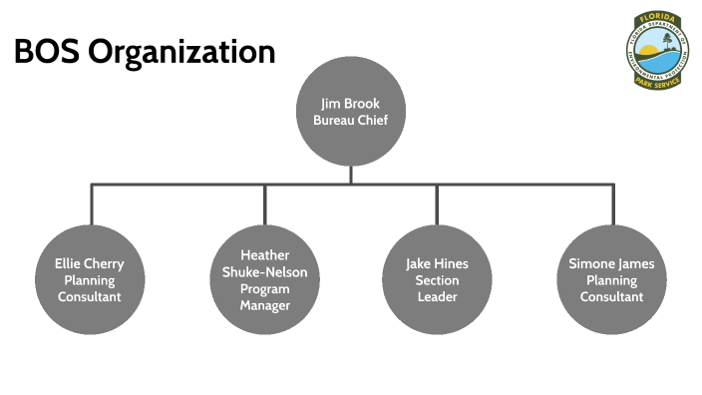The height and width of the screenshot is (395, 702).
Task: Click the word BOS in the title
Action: [46, 52]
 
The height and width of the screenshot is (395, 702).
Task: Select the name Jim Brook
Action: [350, 104]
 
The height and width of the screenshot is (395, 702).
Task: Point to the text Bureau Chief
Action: [350, 121]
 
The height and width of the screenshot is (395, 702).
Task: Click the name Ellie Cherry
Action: [90, 264]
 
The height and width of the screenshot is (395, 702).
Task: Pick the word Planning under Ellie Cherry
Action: [90, 280]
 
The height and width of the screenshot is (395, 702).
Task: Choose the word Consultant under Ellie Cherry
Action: [90, 296]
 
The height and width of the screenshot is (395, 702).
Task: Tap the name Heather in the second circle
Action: [264, 255]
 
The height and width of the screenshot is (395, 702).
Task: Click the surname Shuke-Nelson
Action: [264, 272]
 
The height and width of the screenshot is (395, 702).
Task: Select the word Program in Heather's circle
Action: [264, 288]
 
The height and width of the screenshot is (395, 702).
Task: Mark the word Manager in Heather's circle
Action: [264, 305]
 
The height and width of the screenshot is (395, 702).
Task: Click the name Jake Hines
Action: [437, 264]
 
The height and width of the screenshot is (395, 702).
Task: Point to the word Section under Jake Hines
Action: [437, 280]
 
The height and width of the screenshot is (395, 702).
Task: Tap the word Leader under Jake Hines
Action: [437, 296]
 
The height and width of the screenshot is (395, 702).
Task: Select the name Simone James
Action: [611, 264]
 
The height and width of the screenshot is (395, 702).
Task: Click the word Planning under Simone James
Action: [611, 280]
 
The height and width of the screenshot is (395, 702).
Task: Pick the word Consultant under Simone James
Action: [611, 296]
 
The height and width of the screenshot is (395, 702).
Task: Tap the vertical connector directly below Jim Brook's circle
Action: [350, 174]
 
